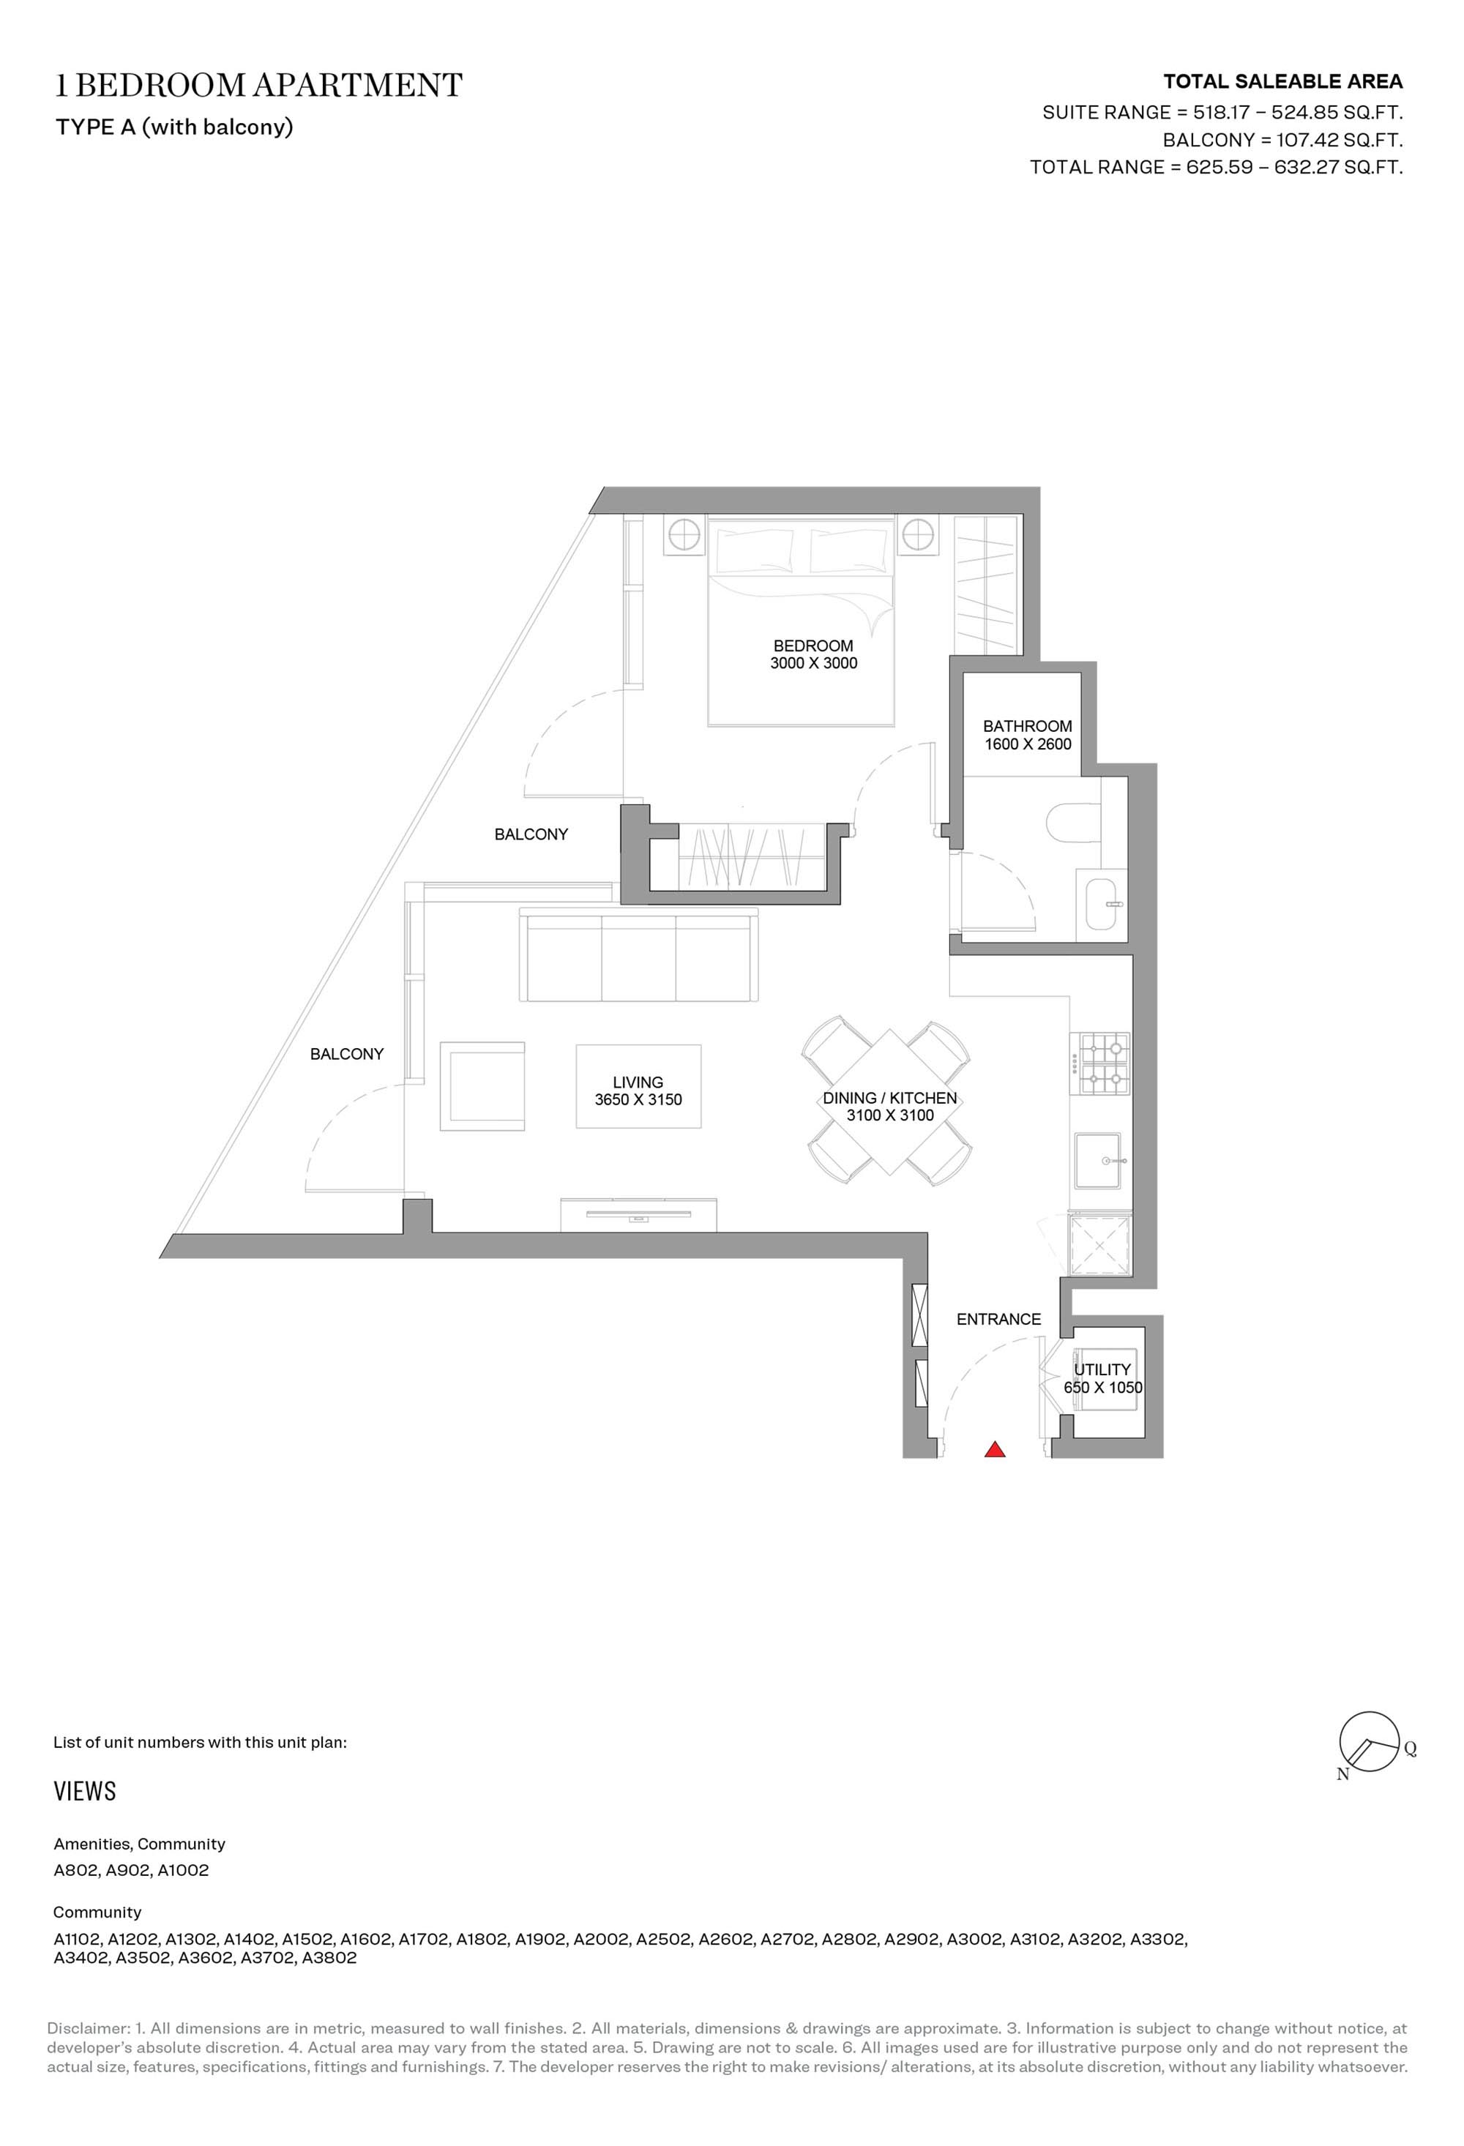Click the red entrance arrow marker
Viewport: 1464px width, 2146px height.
pos(994,1450)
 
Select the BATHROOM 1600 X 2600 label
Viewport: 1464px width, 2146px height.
pos(1027,735)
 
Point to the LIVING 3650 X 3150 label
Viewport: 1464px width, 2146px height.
pos(638,1090)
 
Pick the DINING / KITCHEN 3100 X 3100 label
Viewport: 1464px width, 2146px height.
pos(889,1105)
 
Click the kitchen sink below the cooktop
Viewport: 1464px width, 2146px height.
pos(1098,1161)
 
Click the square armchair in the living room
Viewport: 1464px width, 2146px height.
pos(482,1086)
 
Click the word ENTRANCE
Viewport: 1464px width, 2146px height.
pos(998,1319)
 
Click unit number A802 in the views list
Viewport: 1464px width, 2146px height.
pos(77,1870)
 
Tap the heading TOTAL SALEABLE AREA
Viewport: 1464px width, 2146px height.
pos(1282,81)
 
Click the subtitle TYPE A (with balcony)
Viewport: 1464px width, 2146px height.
pos(174,127)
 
